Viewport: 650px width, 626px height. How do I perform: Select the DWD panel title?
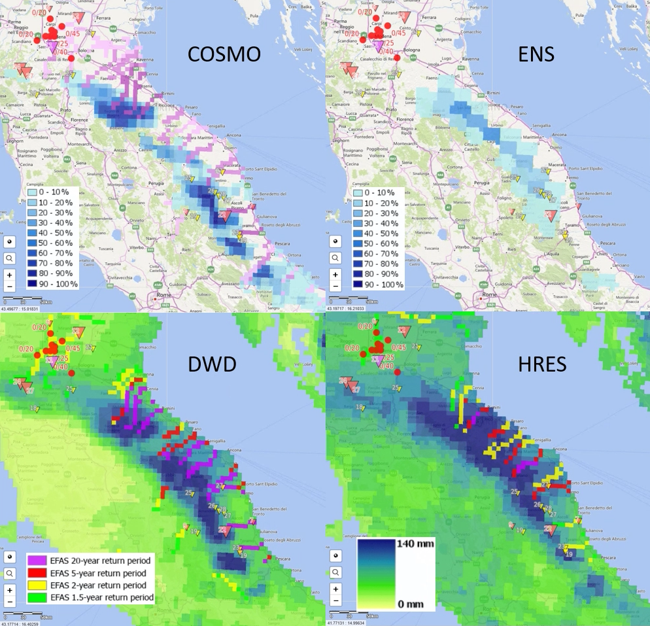(224, 365)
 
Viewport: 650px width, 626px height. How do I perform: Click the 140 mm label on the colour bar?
(413, 542)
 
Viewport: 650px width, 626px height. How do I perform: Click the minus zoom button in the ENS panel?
(335, 286)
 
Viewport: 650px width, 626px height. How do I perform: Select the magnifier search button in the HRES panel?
(335, 572)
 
